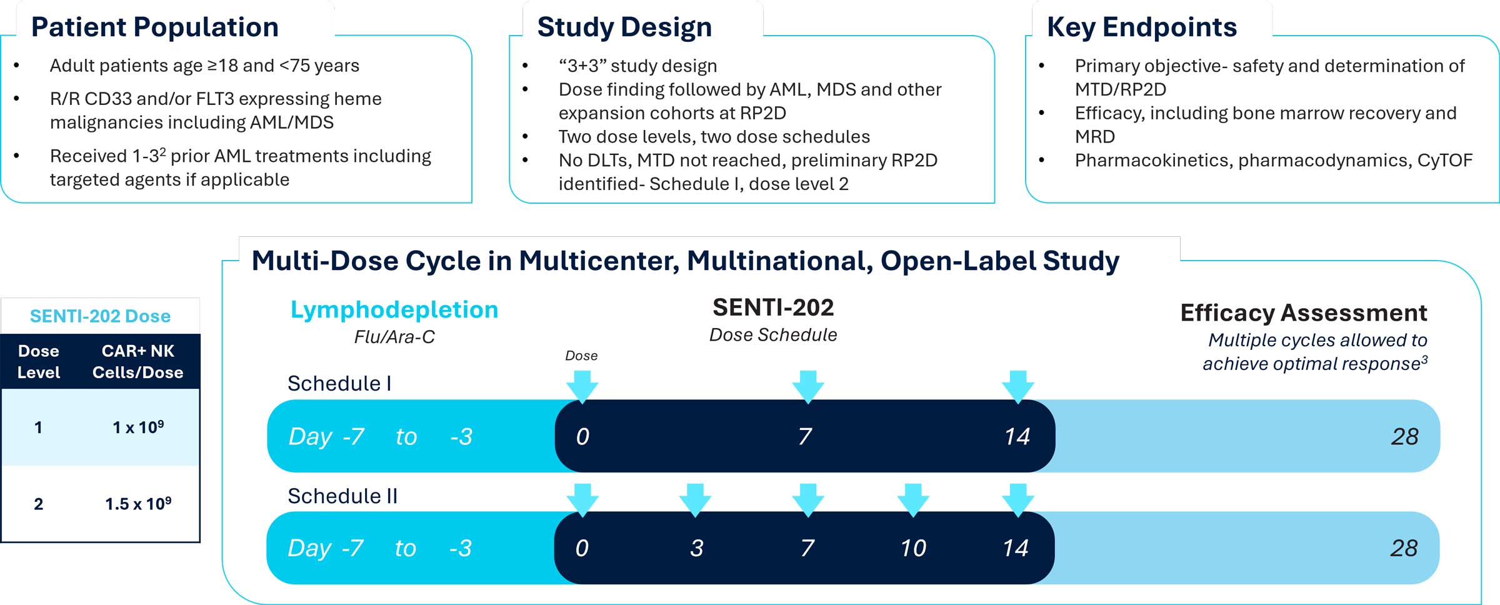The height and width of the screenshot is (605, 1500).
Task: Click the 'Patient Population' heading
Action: tap(155, 27)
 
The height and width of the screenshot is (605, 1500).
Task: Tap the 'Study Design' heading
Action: tap(624, 27)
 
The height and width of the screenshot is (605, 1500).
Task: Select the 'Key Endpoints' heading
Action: tap(1142, 27)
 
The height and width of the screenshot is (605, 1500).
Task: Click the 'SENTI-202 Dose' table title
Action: tap(100, 316)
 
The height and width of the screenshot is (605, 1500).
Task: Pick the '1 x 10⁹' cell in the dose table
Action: tap(138, 427)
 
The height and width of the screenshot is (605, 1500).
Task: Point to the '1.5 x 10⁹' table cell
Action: tap(138, 504)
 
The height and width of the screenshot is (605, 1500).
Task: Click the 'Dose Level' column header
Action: tap(39, 361)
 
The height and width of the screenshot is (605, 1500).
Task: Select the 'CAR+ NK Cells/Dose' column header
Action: tap(138, 361)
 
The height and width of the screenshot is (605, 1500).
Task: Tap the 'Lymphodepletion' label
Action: tap(394, 310)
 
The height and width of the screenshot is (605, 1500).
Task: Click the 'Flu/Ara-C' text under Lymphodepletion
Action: tap(394, 337)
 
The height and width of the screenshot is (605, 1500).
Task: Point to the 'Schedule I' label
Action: tap(339, 383)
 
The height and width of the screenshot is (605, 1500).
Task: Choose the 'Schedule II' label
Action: tap(342, 496)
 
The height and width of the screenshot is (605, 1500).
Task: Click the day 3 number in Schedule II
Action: tap(697, 548)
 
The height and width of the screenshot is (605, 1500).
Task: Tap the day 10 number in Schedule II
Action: tap(913, 548)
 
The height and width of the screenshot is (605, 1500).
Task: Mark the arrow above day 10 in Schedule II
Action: tap(913, 499)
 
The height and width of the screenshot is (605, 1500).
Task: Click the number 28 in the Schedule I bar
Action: tap(1404, 436)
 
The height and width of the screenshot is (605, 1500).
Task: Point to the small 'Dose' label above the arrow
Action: tap(581, 356)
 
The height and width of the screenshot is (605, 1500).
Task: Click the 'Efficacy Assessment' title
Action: tap(1304, 312)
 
